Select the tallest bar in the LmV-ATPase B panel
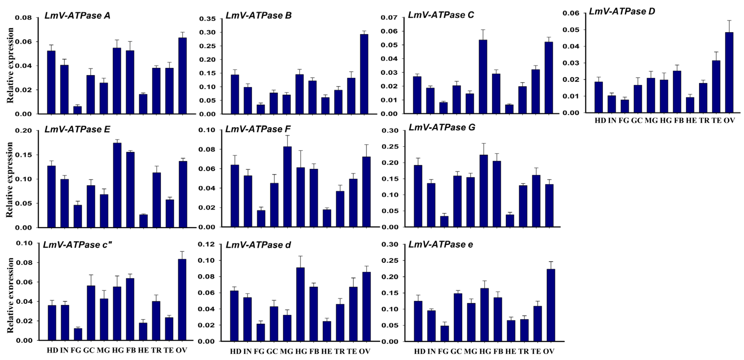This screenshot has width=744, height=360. point(364,74)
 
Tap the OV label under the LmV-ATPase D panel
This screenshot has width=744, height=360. point(729,121)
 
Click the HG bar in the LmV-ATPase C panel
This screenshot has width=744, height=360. point(483,77)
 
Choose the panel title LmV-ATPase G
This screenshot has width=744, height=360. point(442,127)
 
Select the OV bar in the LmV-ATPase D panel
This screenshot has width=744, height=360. point(729,72)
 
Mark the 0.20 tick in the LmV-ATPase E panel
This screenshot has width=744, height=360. point(23,131)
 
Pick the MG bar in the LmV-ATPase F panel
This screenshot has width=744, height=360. point(287,187)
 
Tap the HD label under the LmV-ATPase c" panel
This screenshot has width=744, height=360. point(52,350)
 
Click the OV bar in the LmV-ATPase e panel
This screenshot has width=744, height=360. point(551,305)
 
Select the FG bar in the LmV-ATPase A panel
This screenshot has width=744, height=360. point(77,110)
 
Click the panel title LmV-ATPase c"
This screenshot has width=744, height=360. point(77,245)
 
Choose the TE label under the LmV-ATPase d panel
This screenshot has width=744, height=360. point(352,352)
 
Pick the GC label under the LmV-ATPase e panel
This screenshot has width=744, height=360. point(456,352)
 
